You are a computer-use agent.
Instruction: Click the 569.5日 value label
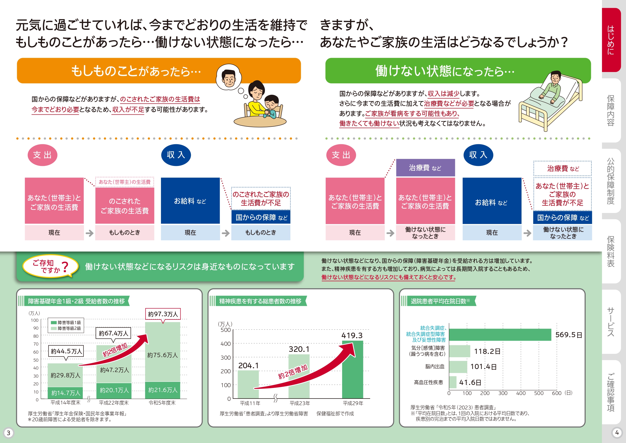[x=568, y=335]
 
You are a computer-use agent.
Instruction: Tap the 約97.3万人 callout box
[x=163, y=314]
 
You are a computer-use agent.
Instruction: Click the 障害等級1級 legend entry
[x=66, y=323]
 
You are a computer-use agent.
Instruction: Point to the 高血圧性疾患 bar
[x=453, y=382]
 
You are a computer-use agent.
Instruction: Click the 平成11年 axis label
[x=250, y=403]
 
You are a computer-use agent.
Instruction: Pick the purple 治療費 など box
[x=425, y=168]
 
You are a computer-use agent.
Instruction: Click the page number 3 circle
[x=8, y=433]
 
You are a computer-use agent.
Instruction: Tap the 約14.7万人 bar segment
[x=65, y=393]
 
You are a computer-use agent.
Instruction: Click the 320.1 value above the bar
[x=299, y=349]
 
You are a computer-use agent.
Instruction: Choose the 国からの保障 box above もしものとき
[x=261, y=217]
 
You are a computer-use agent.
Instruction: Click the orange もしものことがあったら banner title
[x=136, y=71]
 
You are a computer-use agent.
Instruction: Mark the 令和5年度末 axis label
[x=162, y=403]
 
